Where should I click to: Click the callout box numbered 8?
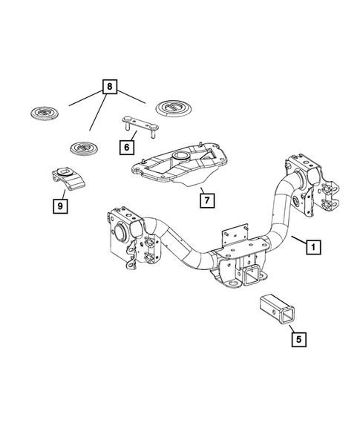coord(110,88)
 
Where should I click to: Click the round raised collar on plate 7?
coord(180,157)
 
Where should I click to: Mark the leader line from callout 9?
coord(64,191)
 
